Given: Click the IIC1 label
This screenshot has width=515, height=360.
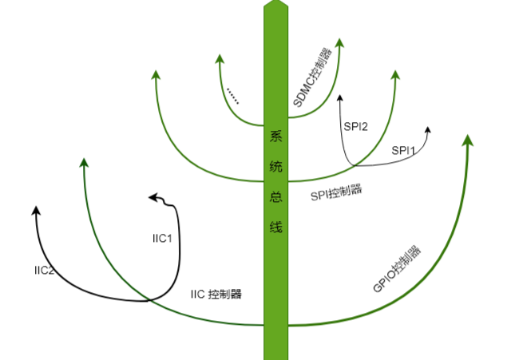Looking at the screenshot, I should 162,238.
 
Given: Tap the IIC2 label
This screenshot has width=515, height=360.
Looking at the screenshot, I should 44,271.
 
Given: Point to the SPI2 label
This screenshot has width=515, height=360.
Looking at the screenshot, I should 355,125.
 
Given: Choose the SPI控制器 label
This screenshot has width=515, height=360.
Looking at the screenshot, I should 335,192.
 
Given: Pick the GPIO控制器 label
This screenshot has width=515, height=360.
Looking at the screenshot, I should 397,267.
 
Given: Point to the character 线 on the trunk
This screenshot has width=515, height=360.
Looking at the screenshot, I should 275,226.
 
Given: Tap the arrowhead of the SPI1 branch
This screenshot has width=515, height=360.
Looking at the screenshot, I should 428,130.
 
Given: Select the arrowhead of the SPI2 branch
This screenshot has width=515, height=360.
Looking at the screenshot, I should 341,98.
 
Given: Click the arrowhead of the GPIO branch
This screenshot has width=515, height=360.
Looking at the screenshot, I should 468,140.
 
